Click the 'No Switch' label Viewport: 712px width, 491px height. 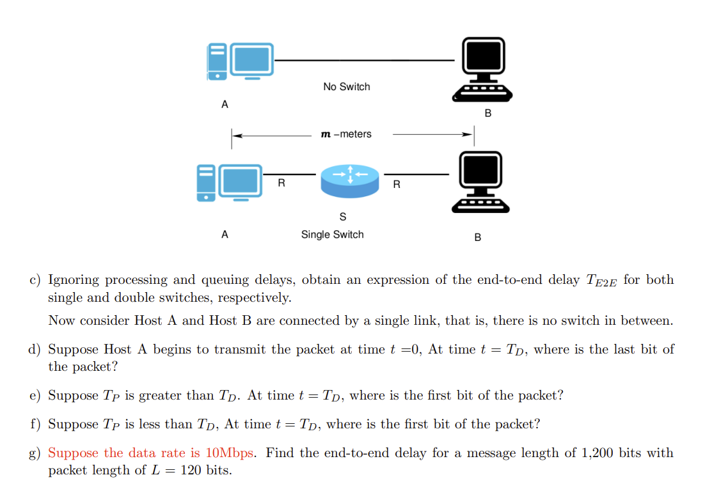346,87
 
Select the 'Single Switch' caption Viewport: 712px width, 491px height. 332,235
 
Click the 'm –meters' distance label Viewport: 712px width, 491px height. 345,134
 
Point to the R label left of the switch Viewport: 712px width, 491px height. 281,183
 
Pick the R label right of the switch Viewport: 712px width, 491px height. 397,185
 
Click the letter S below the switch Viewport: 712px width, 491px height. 343,217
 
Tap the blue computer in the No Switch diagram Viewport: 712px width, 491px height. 240,61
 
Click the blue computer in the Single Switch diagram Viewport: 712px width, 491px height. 230,183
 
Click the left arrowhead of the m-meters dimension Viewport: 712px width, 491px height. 235,135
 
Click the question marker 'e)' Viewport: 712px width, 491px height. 35,396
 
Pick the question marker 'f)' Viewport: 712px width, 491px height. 35,425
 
